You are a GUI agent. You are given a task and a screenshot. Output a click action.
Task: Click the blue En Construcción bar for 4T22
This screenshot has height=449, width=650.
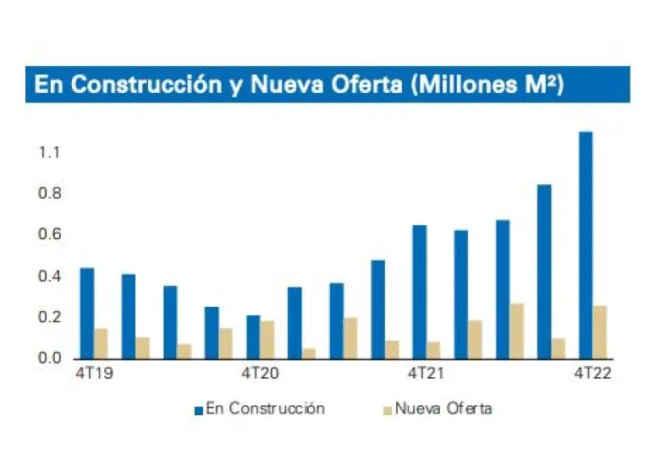[585, 244]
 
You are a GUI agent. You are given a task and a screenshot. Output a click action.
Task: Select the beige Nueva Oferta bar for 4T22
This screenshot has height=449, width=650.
[599, 331]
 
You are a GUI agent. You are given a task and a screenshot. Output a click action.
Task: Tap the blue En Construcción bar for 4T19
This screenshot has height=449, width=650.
[87, 313]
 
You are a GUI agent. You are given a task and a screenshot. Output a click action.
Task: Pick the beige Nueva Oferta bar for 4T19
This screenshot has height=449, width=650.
[101, 342]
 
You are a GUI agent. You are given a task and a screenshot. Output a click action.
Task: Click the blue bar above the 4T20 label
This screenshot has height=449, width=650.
[253, 337]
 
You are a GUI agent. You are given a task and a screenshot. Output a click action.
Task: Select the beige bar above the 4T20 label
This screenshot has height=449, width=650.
[267, 339]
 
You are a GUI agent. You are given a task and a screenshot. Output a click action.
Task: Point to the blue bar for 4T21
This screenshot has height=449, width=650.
[419, 292]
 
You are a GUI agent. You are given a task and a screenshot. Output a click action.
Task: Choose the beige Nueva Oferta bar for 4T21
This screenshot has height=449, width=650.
[433, 349]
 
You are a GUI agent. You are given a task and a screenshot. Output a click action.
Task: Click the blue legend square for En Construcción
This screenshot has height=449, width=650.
[199, 410]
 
